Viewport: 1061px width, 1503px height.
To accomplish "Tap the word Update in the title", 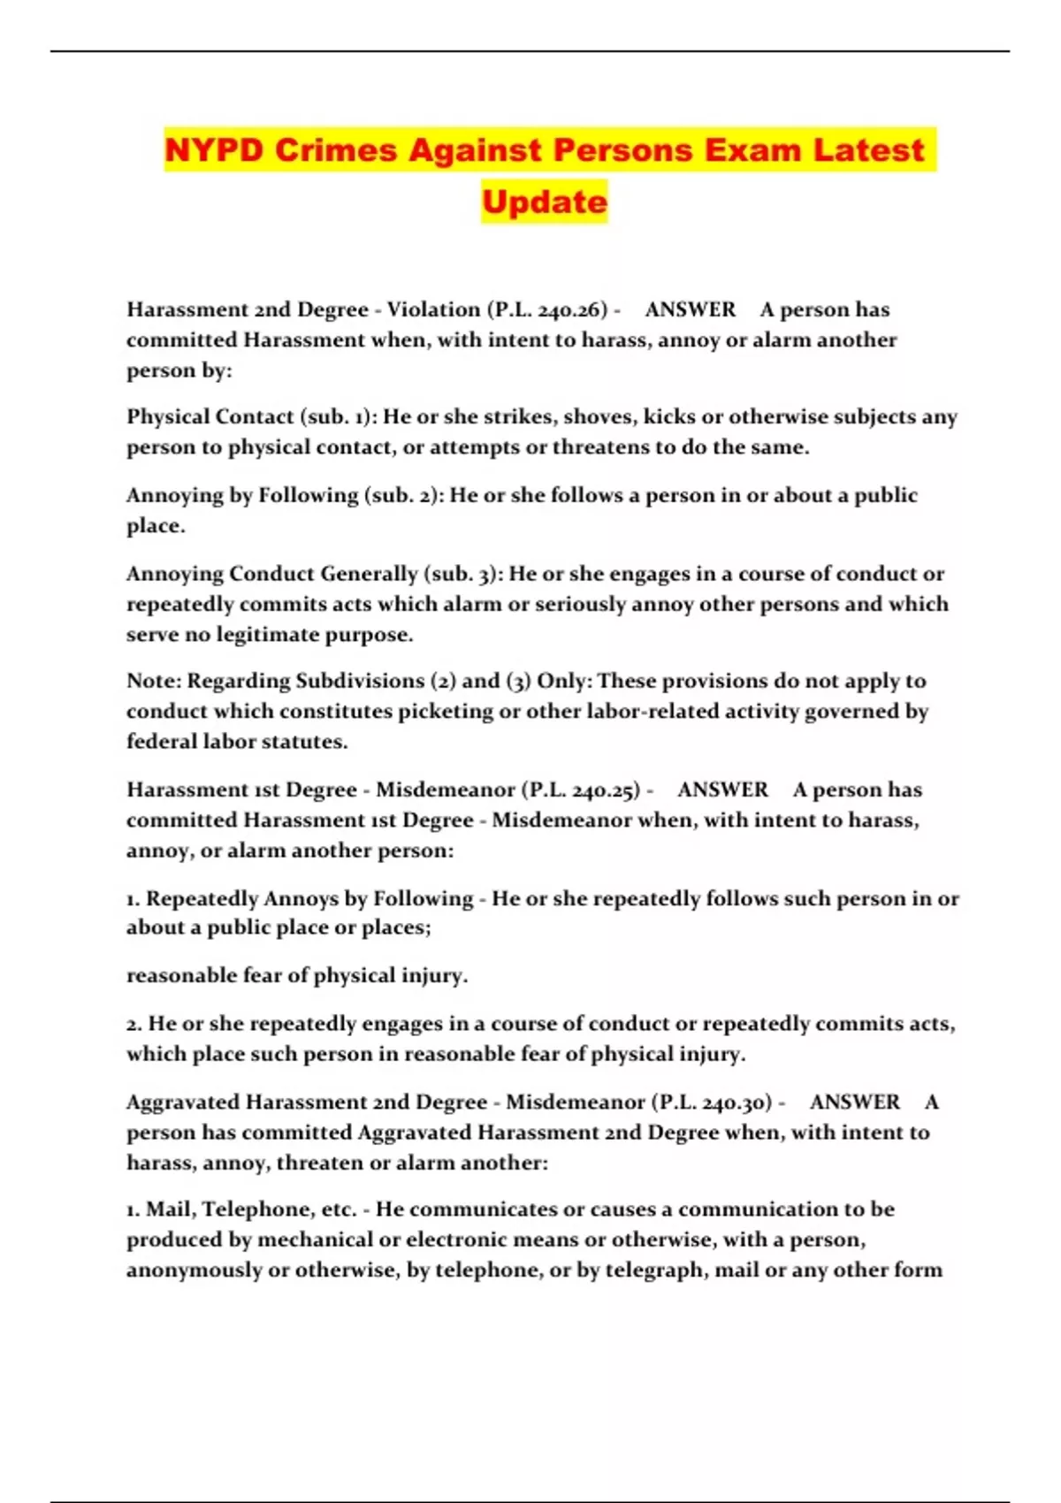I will pyautogui.click(x=545, y=202).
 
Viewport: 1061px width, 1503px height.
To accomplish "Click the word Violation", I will pyautogui.click(x=433, y=309).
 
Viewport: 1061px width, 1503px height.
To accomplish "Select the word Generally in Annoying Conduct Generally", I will pyautogui.click(x=369, y=574).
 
